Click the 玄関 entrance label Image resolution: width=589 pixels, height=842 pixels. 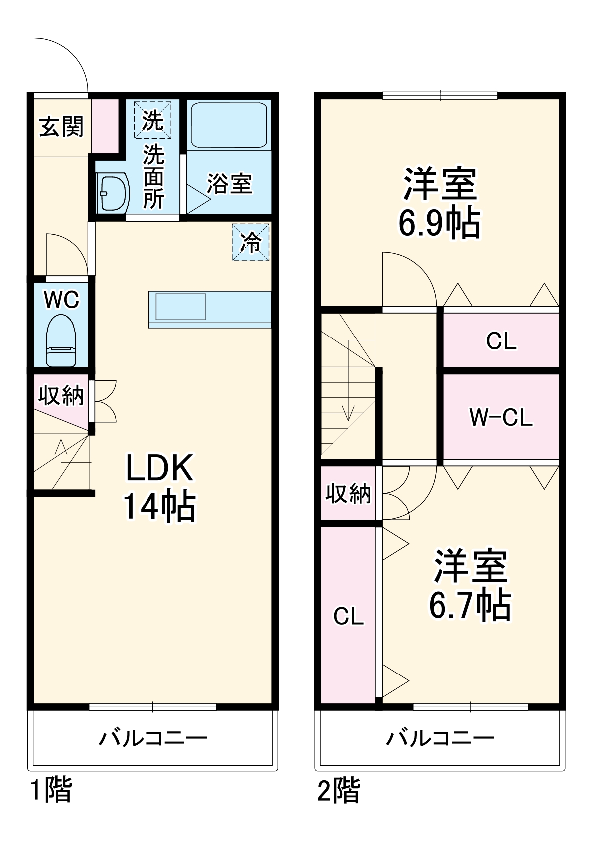click(x=61, y=127)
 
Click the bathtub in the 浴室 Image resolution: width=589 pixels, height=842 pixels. click(x=229, y=125)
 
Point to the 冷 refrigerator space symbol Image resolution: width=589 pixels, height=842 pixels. click(x=251, y=242)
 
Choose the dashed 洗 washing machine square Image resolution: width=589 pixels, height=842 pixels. click(x=152, y=120)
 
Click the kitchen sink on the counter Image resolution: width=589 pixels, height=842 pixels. click(x=180, y=307)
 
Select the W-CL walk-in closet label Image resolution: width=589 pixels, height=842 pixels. click(x=501, y=417)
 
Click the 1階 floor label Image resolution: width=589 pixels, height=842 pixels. click(x=51, y=790)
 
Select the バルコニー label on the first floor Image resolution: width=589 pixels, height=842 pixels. click(x=152, y=738)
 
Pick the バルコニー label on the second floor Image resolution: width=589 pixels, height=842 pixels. click(x=440, y=738)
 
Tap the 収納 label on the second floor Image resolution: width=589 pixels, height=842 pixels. click(x=348, y=493)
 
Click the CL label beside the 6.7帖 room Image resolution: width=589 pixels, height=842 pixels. click(x=348, y=617)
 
